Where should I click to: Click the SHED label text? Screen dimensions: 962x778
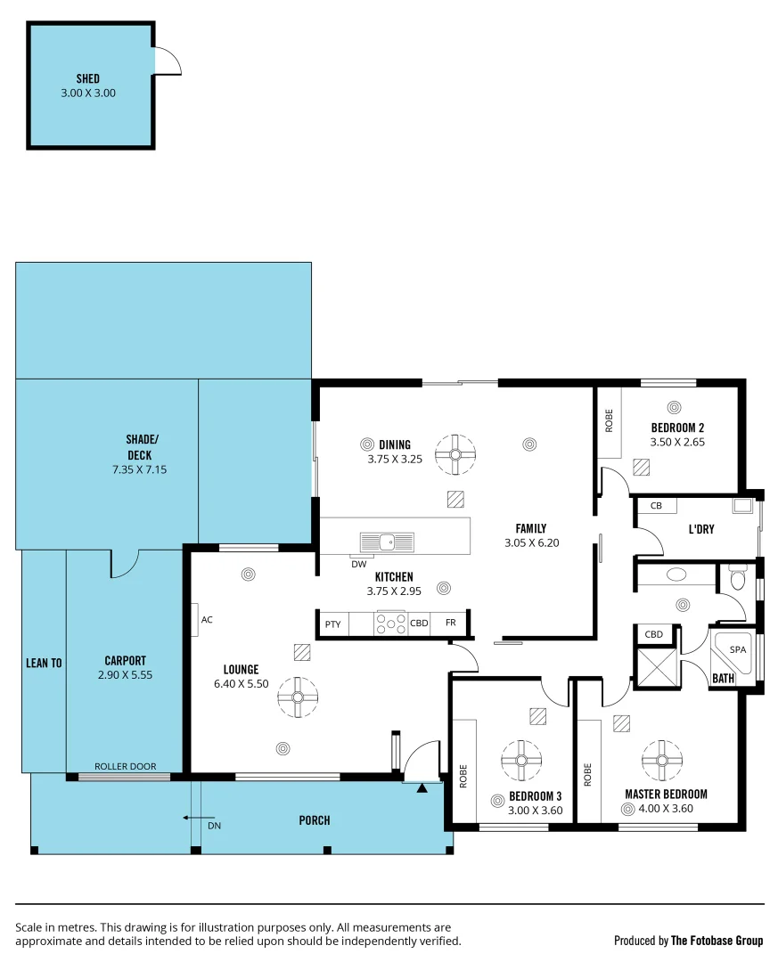[88, 78]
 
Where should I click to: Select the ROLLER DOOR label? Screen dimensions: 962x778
[126, 766]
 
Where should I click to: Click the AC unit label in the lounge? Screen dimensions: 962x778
[207, 619]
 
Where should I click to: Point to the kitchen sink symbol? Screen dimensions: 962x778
[387, 542]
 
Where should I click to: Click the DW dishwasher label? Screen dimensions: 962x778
[358, 564]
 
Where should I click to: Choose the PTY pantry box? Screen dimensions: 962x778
[332, 624]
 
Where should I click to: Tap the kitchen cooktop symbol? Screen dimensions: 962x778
[391, 624]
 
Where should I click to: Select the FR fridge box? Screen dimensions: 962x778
[450, 624]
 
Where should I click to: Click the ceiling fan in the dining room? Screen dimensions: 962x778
[455, 453]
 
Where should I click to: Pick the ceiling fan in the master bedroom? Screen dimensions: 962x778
[662, 760]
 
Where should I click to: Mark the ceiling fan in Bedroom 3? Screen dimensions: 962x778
[520, 760]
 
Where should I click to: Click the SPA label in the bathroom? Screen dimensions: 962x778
[738, 650]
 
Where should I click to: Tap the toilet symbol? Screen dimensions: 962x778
[736, 580]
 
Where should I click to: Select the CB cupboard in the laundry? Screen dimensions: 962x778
[657, 506]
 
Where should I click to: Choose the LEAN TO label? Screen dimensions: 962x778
[44, 663]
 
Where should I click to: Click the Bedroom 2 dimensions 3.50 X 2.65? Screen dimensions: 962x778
[677, 442]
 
